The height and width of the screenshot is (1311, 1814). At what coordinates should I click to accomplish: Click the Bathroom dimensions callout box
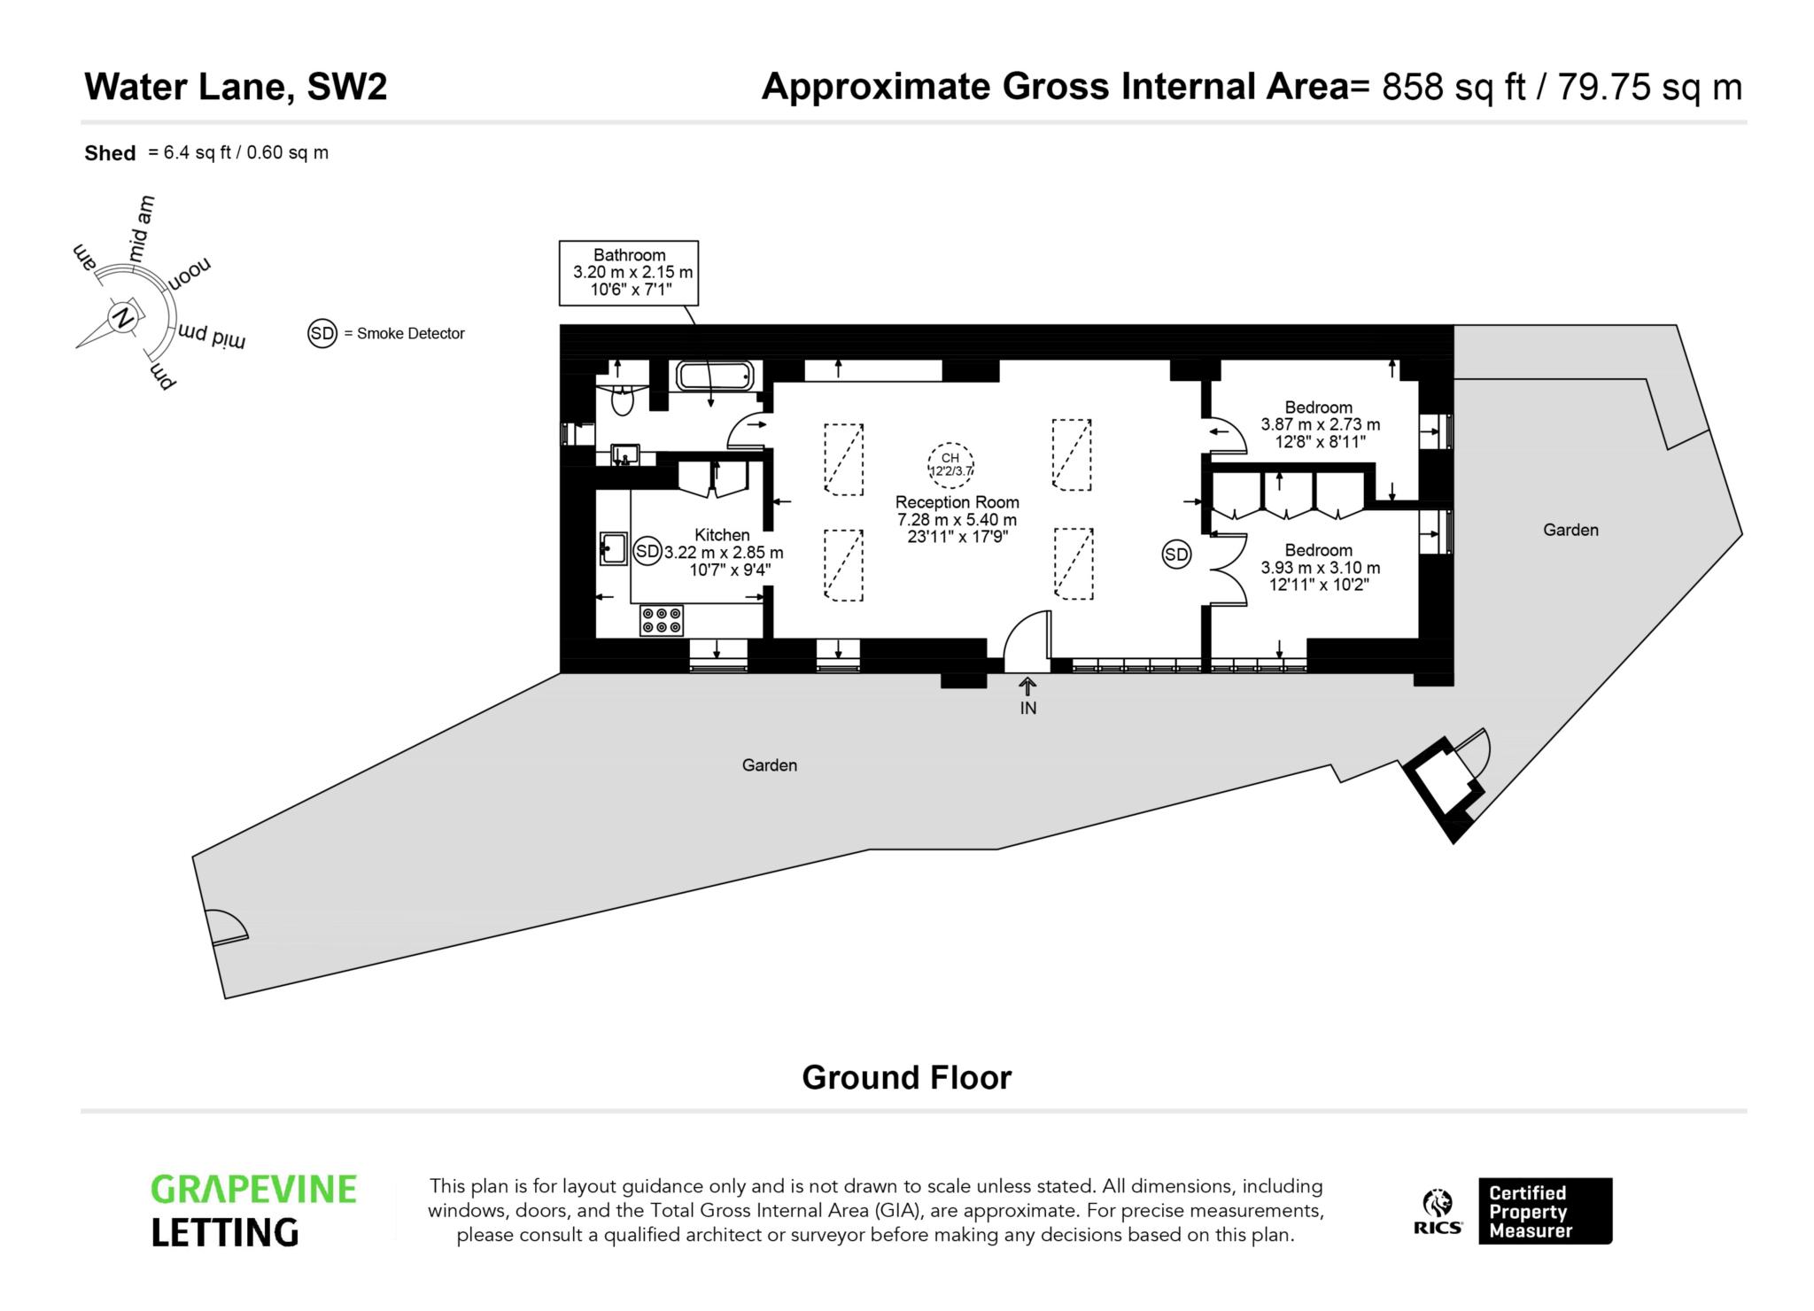[629, 273]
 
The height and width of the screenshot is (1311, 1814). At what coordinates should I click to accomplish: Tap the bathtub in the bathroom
[715, 376]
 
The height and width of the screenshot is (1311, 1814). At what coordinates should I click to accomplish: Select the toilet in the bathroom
[623, 401]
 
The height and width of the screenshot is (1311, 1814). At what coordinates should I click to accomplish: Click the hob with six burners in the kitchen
[662, 620]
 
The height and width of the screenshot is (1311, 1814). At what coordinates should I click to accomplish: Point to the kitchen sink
[613, 548]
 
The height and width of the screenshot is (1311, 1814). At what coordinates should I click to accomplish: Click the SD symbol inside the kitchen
[648, 551]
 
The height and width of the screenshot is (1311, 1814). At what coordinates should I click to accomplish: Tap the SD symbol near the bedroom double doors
[1176, 555]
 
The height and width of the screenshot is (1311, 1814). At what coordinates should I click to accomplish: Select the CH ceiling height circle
[950, 464]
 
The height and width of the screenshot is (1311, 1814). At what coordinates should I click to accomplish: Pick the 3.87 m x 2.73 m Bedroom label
[1319, 424]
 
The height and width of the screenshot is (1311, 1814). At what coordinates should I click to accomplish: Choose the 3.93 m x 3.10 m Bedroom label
[1319, 567]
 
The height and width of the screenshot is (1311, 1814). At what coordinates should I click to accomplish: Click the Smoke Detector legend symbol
[322, 334]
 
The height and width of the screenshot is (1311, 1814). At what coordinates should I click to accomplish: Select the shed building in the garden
[1442, 784]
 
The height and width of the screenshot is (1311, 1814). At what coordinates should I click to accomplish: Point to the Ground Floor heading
[906, 1078]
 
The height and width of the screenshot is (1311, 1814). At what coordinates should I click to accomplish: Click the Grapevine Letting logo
[253, 1210]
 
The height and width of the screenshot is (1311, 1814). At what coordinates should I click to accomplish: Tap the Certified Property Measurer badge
[1545, 1211]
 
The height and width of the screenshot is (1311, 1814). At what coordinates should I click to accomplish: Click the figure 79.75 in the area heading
[1604, 88]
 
